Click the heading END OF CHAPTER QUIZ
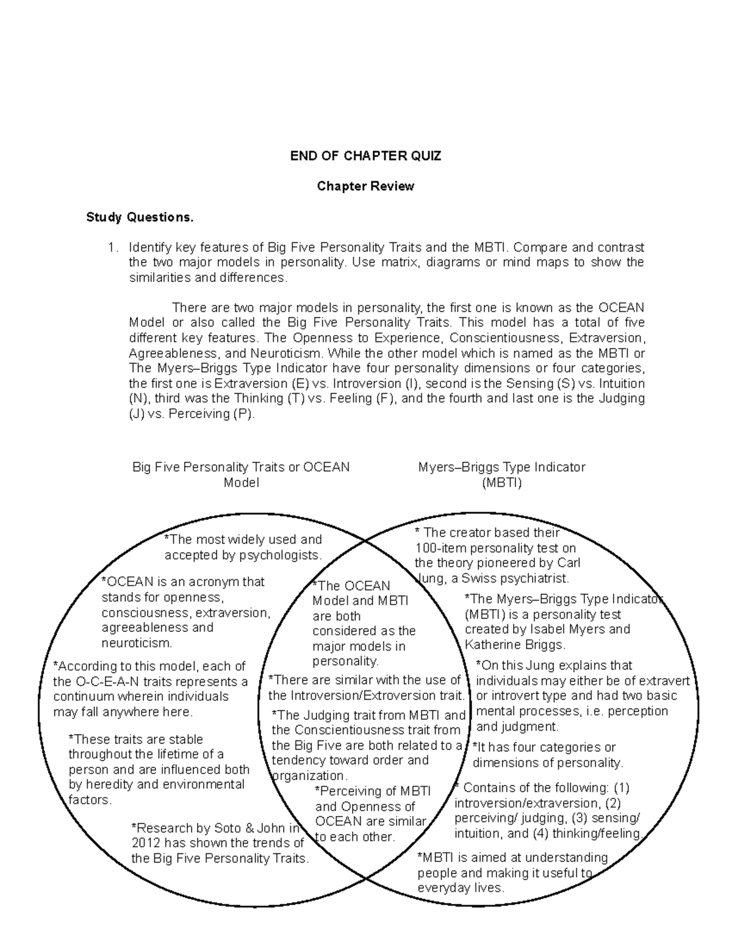(365, 156)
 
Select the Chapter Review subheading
(365, 186)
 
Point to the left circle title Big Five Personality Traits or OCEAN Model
(241, 475)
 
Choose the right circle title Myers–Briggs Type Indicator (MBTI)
(501, 475)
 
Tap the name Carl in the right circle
(567, 563)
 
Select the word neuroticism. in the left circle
(137, 643)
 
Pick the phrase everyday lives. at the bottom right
(461, 888)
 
